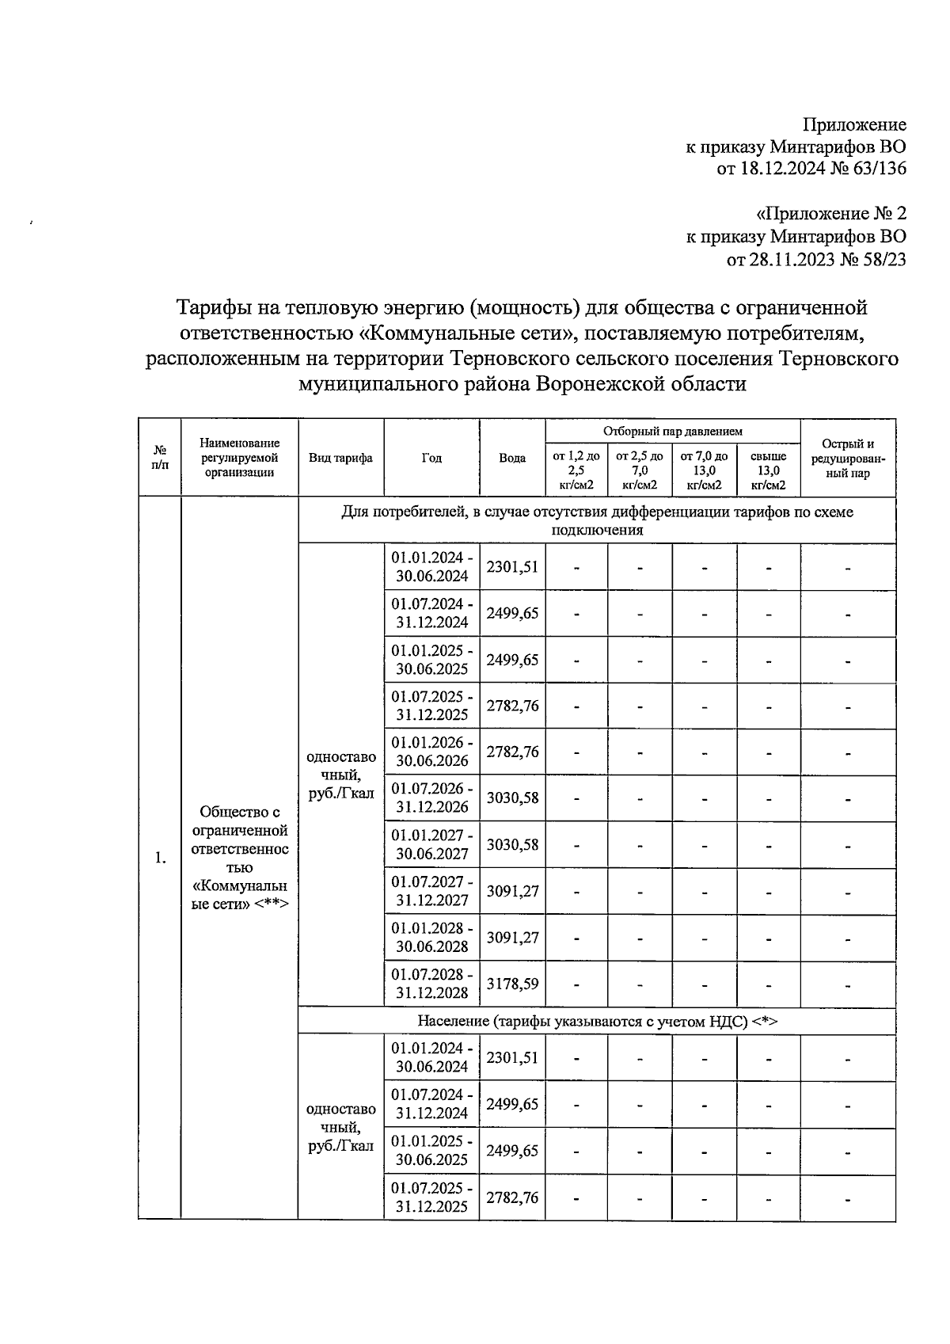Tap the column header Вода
[x=512, y=458]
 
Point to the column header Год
[x=431, y=458]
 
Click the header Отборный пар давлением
[x=672, y=432]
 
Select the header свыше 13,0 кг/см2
[x=768, y=470]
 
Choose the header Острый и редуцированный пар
[x=848, y=458]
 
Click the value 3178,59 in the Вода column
[x=512, y=984]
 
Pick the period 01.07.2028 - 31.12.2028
[x=431, y=984]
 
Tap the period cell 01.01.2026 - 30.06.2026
[x=431, y=752]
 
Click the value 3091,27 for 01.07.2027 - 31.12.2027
[x=512, y=891]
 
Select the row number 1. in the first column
[x=161, y=858]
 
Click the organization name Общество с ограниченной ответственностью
[x=240, y=840]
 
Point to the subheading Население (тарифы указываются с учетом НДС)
[x=597, y=1021]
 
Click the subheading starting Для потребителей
[x=597, y=520]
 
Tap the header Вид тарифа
[x=340, y=458]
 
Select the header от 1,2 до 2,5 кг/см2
[x=576, y=470]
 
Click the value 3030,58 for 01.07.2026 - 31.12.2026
[x=512, y=798]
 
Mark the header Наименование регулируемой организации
[x=240, y=458]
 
